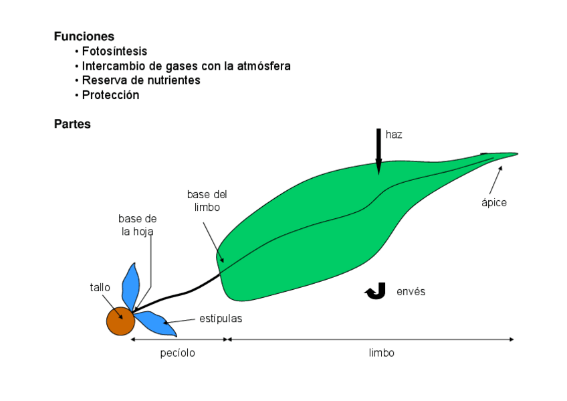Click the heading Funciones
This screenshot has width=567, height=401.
click(x=84, y=37)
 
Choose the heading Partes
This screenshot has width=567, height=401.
click(x=72, y=125)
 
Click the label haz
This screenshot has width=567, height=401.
click(x=394, y=135)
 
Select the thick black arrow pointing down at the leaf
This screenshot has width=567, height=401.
click(x=378, y=151)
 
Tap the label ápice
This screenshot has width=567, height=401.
click(x=494, y=203)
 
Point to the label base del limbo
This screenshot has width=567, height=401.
click(x=207, y=201)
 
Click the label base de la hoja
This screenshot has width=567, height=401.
click(x=138, y=225)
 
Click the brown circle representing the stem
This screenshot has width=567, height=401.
click(x=120, y=321)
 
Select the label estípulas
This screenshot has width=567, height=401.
click(x=221, y=319)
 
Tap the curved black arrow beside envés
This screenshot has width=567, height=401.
click(x=376, y=291)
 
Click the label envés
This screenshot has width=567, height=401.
click(x=411, y=292)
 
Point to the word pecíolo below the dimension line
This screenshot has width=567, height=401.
click(x=178, y=353)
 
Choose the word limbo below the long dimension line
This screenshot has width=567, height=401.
click(x=382, y=353)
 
